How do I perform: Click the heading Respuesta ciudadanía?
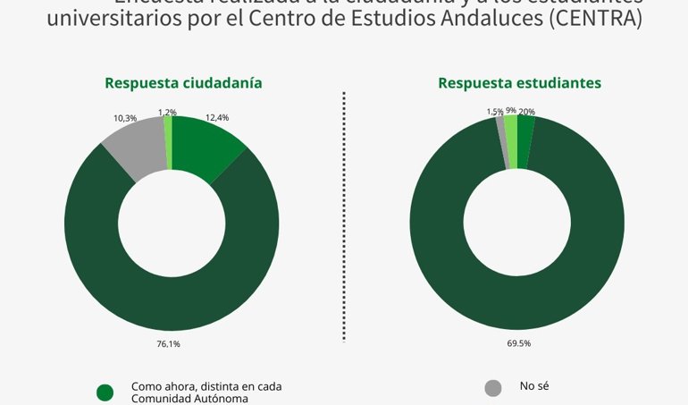183,83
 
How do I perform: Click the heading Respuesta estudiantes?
519,83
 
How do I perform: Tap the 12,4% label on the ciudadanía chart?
217,117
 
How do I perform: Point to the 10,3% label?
125,118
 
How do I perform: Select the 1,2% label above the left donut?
167,112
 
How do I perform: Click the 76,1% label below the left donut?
169,342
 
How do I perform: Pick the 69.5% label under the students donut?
519,342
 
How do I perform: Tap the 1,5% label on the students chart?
494,112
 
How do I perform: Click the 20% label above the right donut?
527,112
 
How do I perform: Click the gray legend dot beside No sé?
493,388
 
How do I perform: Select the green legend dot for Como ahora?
105,392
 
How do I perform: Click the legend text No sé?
533,386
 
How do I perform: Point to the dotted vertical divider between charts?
345,215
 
